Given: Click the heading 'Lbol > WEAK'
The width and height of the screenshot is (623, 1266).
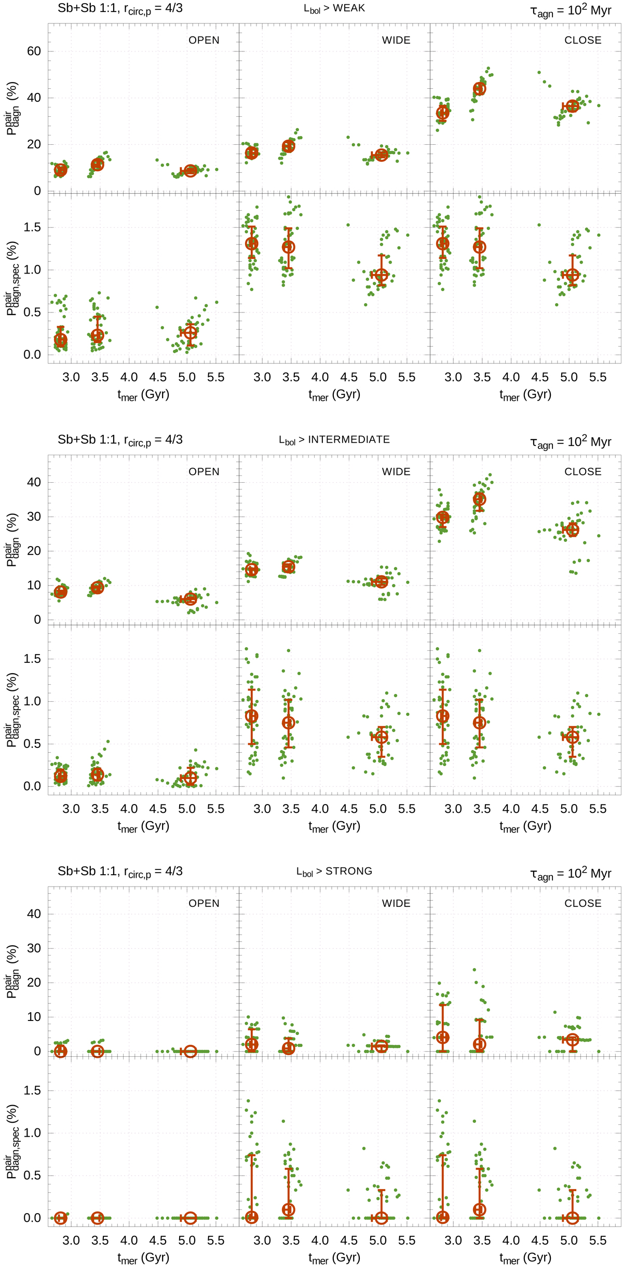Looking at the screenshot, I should tap(334, 9).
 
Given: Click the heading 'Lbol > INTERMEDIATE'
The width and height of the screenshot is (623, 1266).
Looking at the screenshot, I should tap(334, 440).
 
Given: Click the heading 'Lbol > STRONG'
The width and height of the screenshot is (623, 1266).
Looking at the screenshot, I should tap(334, 872).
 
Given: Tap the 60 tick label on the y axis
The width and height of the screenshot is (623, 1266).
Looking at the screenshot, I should tap(34, 51).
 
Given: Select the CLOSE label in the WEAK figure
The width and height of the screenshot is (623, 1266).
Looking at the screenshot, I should tap(583, 40).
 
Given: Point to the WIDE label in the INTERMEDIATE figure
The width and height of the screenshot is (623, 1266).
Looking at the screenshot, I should tap(396, 472).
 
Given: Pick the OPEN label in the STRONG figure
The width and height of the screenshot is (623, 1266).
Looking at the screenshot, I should tap(204, 903).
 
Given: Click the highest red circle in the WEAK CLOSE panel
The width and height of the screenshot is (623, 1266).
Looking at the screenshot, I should tap(479, 89).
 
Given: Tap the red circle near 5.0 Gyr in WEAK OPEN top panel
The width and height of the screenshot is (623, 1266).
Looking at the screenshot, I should tap(190, 171).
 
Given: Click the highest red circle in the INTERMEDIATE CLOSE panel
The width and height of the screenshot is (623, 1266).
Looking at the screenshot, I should tap(479, 499).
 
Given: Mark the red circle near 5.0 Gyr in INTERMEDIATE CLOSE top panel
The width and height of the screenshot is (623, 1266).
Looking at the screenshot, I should tap(572, 530).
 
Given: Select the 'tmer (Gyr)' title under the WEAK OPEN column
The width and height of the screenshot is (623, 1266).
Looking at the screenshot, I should tap(143, 395).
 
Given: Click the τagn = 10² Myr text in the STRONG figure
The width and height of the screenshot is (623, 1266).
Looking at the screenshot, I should tap(571, 874).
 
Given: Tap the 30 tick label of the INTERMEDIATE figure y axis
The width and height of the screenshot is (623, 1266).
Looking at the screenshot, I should tap(34, 516).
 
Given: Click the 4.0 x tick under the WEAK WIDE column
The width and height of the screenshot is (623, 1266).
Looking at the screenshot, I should tap(320, 377).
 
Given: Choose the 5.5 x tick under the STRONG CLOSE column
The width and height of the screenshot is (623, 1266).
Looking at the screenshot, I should tap(598, 1241).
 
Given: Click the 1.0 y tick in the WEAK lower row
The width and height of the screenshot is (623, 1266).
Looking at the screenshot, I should tap(32, 270).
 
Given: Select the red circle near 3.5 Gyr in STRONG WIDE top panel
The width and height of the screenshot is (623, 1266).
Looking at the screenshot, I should tap(288, 1048).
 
